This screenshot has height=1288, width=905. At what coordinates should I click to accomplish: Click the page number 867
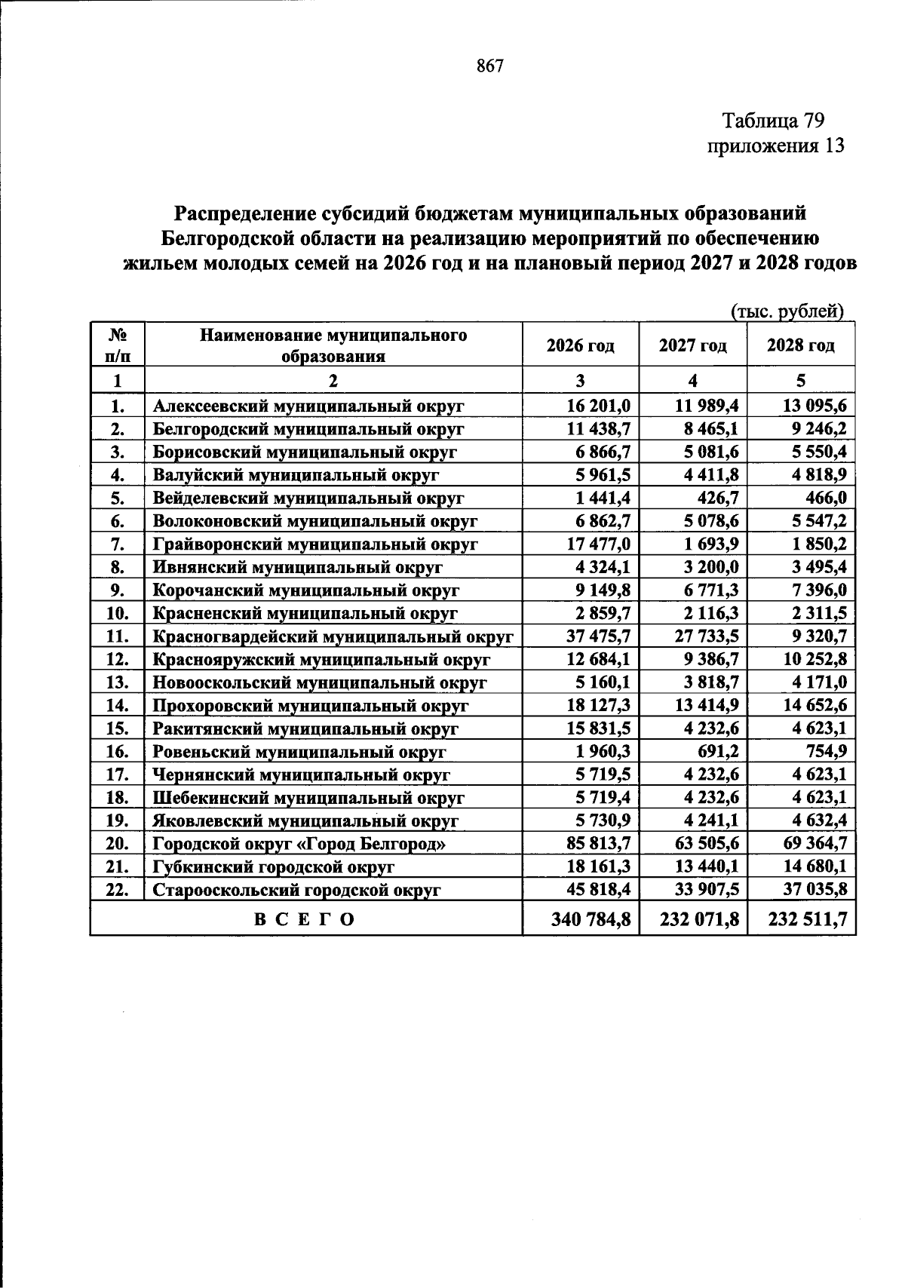pos(489,66)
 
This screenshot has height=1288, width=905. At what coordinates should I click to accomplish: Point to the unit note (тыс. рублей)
pos(787,311)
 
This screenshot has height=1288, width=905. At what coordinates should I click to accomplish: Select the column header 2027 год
pos(692,345)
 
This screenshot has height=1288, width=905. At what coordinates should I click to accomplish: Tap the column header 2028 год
pos(800,345)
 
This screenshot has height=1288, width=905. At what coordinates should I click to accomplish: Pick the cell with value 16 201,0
pos(598,406)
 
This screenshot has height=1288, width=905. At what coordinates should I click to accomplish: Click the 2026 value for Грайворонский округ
pos(598,544)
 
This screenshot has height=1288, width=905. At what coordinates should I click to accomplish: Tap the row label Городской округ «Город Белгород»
pos(299,844)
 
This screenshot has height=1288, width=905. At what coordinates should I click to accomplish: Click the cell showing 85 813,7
pos(598,843)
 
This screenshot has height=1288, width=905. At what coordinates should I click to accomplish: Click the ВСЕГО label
pos(304,919)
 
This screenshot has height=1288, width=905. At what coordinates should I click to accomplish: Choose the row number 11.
pos(116,636)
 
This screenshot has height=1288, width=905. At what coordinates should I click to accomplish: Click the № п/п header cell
pos(116,345)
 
